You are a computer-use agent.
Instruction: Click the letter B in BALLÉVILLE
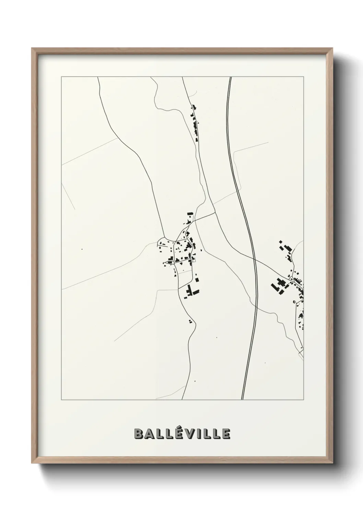(x=139, y=434)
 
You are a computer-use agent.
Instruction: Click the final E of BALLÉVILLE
(x=226, y=434)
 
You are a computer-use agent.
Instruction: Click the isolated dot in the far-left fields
(x=82, y=249)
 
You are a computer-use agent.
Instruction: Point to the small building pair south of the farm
(x=190, y=321)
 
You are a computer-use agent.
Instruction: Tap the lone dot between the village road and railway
(x=217, y=338)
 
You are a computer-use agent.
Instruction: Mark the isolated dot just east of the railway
(x=265, y=363)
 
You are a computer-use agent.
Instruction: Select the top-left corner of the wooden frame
(x=32, y=48)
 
